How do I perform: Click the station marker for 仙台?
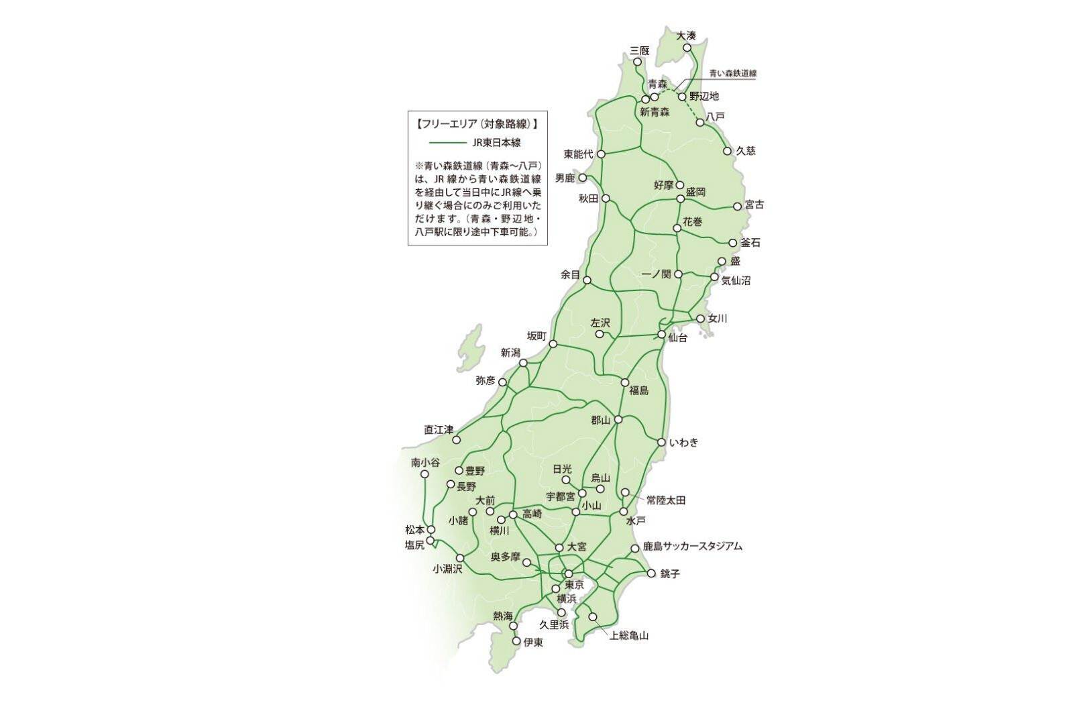(661, 334)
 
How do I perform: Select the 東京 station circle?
(568, 574)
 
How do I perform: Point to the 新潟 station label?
(510, 353)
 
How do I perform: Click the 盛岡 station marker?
(679, 199)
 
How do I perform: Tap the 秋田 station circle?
(606, 199)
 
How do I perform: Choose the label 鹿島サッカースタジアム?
(692, 547)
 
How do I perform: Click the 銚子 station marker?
(651, 573)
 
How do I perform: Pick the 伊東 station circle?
(516, 641)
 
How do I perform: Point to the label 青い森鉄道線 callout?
(733, 72)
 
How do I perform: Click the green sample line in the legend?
(447, 143)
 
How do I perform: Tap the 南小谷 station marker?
(424, 474)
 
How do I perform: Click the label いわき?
(683, 443)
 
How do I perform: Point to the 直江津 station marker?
(456, 440)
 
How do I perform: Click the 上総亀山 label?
(629, 635)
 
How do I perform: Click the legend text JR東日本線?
(496, 143)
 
